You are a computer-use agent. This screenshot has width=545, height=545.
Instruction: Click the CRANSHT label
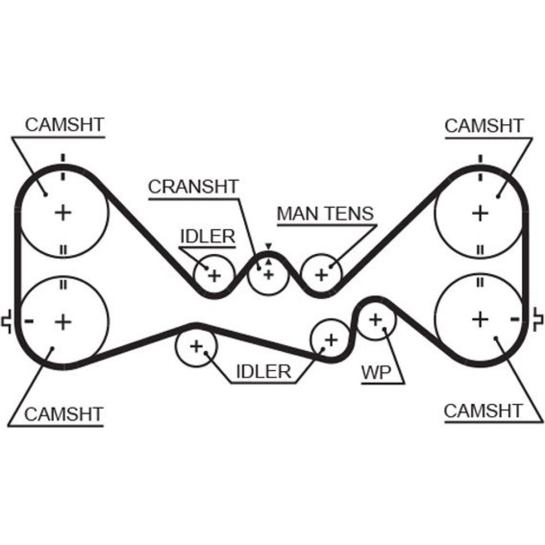(193, 186)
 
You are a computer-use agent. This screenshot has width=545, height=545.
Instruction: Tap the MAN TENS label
(325, 213)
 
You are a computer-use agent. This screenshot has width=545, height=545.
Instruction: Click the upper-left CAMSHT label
(64, 125)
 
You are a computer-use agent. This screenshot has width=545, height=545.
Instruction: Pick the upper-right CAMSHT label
(483, 125)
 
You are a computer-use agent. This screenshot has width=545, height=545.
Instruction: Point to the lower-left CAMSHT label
(64, 414)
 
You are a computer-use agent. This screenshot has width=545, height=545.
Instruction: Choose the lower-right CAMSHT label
(483, 410)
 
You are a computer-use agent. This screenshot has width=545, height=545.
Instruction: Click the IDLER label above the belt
(207, 237)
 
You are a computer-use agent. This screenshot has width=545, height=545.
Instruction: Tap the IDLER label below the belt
(263, 372)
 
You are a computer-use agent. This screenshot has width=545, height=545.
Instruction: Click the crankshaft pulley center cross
(268, 274)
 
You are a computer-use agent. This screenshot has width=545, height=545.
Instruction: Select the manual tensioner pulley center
(322, 274)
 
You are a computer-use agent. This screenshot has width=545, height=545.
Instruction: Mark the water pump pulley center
(375, 319)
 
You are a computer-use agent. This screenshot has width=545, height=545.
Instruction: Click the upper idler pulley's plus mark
(214, 275)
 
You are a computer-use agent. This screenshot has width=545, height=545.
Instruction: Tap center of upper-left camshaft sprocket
(64, 211)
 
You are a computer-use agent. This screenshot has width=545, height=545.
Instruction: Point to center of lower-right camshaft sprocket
(480, 319)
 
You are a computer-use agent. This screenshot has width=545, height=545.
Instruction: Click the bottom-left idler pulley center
(196, 346)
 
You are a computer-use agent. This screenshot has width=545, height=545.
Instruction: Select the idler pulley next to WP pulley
(330, 340)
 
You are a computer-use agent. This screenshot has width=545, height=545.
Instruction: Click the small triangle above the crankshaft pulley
(268, 246)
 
